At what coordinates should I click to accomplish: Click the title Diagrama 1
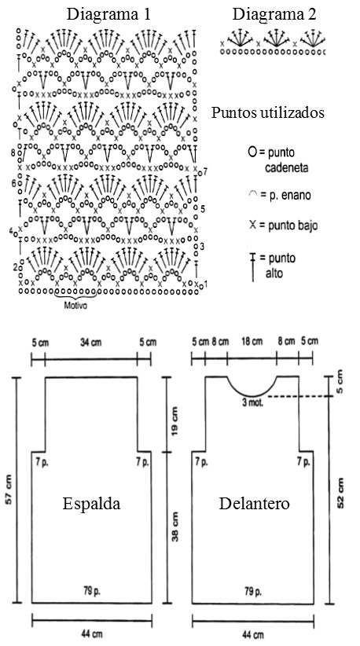coord(108,14)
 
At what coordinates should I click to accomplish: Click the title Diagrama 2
coord(274,14)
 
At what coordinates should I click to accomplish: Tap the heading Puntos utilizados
coord(268,113)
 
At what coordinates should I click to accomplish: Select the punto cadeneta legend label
coord(284,160)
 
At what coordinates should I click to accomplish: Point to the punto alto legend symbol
coord(252,267)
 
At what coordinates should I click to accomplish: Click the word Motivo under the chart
coord(75,306)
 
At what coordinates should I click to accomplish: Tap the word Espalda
coord(91,504)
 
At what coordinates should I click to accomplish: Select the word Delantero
coord(254,504)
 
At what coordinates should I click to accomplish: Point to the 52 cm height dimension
coord(340,493)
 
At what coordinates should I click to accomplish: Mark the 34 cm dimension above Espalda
coord(90,343)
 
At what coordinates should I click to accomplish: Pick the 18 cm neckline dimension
coord(252,342)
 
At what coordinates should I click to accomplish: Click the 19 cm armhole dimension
coord(175,421)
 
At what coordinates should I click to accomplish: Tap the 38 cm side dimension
coord(175,527)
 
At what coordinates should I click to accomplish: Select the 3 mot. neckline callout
coord(253,402)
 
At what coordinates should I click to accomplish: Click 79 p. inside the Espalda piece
coord(91,591)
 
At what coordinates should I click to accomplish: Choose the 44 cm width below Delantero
coord(253,634)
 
